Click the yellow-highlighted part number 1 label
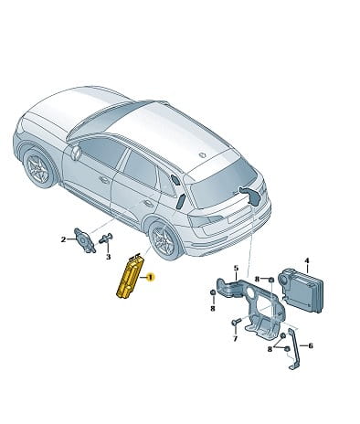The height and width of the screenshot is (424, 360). point(151,278)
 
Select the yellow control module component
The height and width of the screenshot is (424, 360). point(130,277)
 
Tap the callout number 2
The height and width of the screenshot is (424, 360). point(63,239)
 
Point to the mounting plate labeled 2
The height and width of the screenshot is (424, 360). point(85,240)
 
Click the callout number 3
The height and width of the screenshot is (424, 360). point(108,257)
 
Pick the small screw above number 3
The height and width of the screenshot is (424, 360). point(105,238)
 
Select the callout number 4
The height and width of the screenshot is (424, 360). point(307,260)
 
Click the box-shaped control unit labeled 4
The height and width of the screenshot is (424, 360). point(302,291)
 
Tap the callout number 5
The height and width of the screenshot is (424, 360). point(236,268)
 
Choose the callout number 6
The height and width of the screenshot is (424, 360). point(311,345)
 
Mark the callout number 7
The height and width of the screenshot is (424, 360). point(235,338)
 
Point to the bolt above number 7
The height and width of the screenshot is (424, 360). point(237,322)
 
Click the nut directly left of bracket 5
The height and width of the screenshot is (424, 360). point(213,293)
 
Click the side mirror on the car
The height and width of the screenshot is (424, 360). point(75,153)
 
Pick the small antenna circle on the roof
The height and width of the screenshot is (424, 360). point(202,155)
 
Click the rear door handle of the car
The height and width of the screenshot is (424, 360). point(149,203)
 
